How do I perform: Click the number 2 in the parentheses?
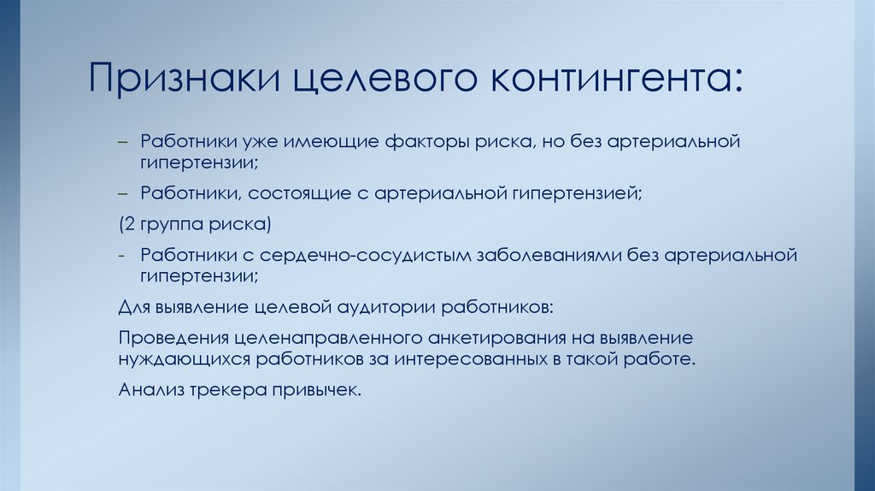click(x=127, y=225)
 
